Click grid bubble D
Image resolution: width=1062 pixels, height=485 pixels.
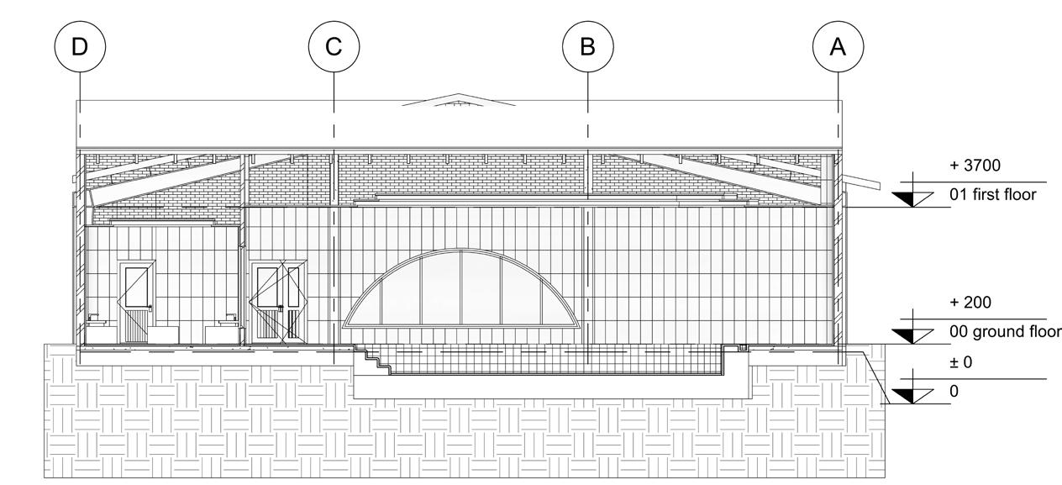tap(80, 46)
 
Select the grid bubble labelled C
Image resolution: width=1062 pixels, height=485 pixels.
tap(334, 46)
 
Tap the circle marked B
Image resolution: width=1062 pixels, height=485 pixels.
tap(587, 46)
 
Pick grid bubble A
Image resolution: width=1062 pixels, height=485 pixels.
tap(839, 46)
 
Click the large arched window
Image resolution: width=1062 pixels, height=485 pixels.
tap(461, 290)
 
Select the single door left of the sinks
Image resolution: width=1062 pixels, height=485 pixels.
tap(136, 301)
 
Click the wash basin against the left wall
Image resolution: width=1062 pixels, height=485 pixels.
tap(95, 322)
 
